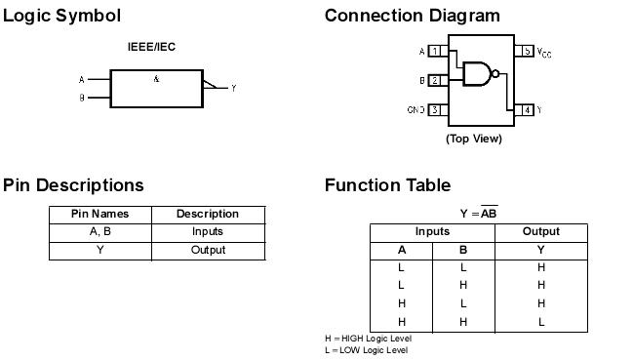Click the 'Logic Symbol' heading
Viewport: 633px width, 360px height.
click(62, 16)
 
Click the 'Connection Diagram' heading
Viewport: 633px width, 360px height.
click(412, 16)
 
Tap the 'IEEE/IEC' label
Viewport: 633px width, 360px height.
click(152, 47)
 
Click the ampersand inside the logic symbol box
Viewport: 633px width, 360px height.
click(156, 79)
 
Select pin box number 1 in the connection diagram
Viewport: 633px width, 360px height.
click(433, 51)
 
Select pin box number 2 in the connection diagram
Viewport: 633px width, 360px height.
click(433, 80)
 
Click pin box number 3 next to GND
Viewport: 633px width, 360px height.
click(433, 110)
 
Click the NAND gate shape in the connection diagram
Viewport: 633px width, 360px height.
click(477, 73)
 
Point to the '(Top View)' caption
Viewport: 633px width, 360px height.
click(474, 139)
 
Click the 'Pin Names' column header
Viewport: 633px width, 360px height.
click(99, 214)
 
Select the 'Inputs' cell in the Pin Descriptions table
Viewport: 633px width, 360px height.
click(208, 231)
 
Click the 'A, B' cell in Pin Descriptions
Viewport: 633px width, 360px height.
click(99, 231)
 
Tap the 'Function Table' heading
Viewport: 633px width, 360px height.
click(387, 185)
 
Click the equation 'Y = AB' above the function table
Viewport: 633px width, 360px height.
click(478, 213)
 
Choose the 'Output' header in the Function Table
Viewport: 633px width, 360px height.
click(541, 231)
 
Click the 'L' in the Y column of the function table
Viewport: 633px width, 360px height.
click(541, 321)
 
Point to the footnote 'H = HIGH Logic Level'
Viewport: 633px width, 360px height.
click(369, 339)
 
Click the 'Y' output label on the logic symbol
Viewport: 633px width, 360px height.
click(234, 89)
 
